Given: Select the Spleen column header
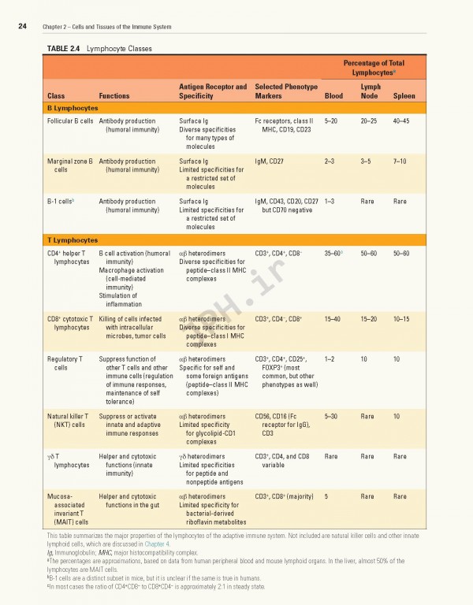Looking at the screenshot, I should pos(404,96).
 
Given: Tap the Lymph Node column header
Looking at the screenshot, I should pos(371,91).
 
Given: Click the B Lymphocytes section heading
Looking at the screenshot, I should pos(73,107).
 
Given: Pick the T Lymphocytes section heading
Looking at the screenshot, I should pos(73,239).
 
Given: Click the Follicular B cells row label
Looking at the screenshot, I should pos(70,121).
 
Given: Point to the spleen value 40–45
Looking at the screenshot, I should pos(400,121).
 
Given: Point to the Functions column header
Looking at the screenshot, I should pos(114,96).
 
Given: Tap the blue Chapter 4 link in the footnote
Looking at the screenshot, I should pos(156,544).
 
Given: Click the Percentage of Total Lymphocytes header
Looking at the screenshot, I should pos(374,67).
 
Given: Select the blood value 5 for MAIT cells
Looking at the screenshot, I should pos(326,496).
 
